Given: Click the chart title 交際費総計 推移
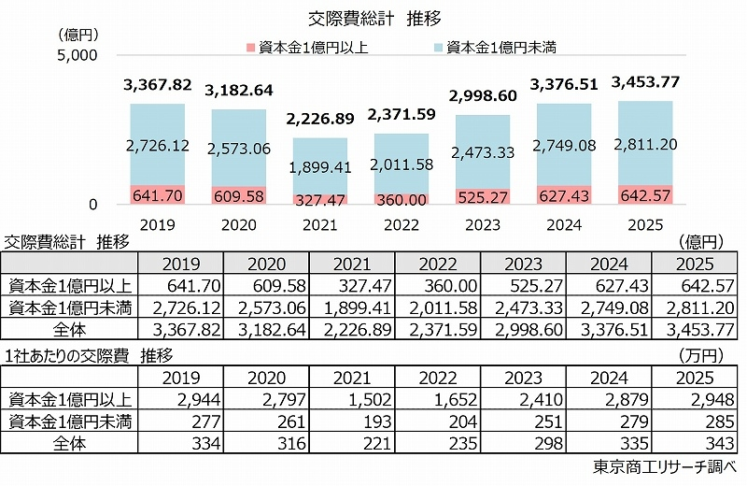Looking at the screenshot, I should pos(373,18).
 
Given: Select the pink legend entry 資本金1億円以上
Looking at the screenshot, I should pos(314,46).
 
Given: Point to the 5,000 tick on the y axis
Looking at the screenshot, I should pos(78,55).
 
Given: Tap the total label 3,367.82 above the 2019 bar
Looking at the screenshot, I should pos(157,86).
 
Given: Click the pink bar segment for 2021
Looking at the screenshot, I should pos(320,197).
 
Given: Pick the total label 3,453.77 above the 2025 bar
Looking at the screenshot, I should pos(645,83).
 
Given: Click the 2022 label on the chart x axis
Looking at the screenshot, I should pos(401,225).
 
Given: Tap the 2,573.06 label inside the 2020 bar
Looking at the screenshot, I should pos(238,149).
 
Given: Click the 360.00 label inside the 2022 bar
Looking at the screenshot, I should pos(402,199).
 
